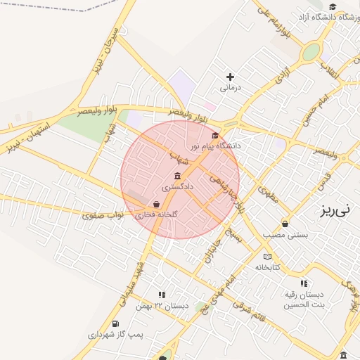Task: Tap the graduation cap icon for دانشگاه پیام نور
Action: (x=215, y=135)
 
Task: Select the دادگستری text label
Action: (x=176, y=187)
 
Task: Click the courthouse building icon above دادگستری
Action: (x=176, y=176)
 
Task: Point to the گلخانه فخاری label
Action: (x=156, y=214)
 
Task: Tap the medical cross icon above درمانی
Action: (x=230, y=77)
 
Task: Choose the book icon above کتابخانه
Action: (x=267, y=257)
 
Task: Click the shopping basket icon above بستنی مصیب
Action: (x=285, y=224)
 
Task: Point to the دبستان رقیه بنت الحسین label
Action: (x=304, y=299)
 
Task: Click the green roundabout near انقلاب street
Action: (x=310, y=52)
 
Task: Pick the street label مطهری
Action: (x=268, y=194)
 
